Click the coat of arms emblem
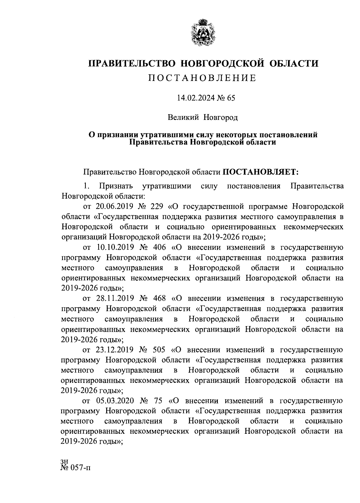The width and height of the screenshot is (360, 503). click(202, 33)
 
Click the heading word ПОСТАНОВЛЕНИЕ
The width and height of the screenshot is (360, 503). click(202, 78)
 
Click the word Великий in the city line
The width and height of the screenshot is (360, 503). click(183, 118)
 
